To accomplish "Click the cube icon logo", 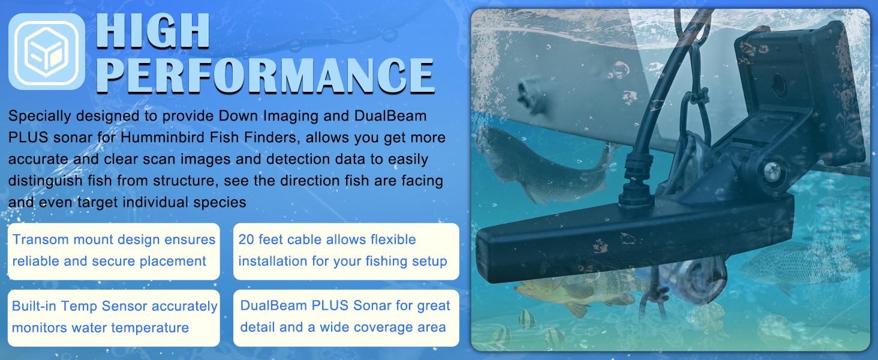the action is click(x=47, y=52).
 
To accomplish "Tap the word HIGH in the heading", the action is click(x=153, y=31).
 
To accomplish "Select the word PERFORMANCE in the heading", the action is click(x=265, y=76).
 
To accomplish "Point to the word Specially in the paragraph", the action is click(x=40, y=116).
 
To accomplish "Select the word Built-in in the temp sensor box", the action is click(x=34, y=306).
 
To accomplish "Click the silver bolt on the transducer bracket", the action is click(x=772, y=172).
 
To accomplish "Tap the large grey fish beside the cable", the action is click(x=541, y=163).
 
